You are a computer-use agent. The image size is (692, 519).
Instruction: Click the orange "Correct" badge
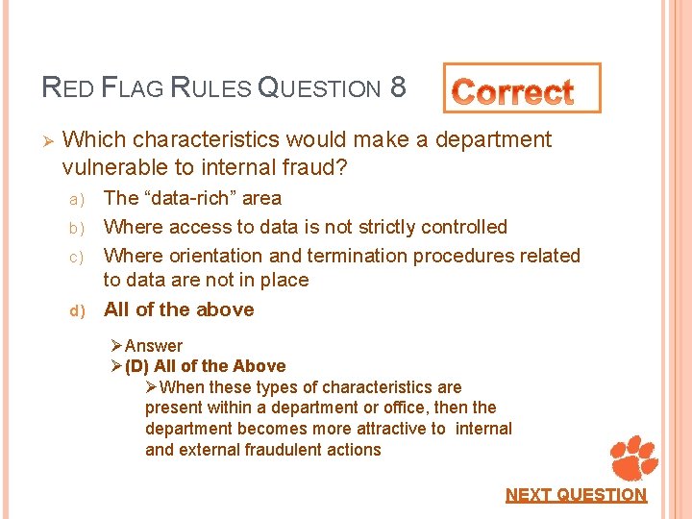pos(521,89)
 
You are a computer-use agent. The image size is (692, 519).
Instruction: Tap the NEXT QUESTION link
pos(576,495)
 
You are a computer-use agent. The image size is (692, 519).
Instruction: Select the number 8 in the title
pos(398,88)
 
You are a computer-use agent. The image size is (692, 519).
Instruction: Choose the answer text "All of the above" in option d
pos(179,309)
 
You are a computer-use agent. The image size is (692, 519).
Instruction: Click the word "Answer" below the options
pos(154,345)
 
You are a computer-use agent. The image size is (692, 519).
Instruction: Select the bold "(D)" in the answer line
pos(137,366)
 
